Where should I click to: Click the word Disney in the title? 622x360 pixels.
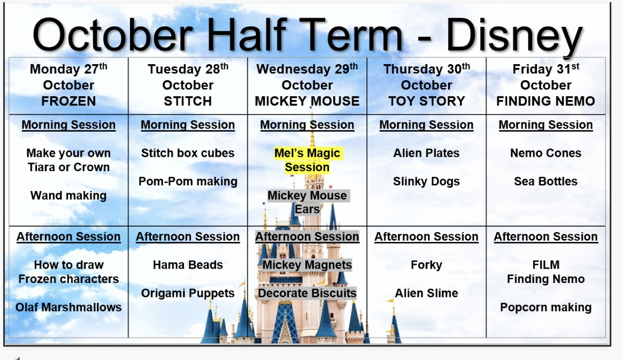click(x=514, y=36)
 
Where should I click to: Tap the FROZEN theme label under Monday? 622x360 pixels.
click(x=68, y=101)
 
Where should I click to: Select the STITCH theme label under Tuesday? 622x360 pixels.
click(x=188, y=101)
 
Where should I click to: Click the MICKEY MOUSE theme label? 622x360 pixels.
click(x=307, y=101)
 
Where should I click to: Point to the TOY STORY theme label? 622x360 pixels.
click(x=426, y=101)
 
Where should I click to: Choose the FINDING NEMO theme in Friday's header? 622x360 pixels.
click(x=546, y=101)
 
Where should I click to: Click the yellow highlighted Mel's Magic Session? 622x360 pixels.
click(x=307, y=160)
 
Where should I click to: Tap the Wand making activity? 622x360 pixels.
click(x=68, y=196)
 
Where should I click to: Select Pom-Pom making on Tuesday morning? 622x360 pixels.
click(x=188, y=181)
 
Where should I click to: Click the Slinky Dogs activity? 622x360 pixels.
click(x=426, y=181)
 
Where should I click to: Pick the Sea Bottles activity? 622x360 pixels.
click(x=546, y=181)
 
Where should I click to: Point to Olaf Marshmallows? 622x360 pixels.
click(x=68, y=307)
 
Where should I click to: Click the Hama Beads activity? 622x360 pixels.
click(x=188, y=265)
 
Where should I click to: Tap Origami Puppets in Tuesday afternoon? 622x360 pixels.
click(x=188, y=293)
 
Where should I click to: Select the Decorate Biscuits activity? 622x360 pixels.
click(x=307, y=293)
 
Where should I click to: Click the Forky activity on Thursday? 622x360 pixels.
click(x=426, y=265)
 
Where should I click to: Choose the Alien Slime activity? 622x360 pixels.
click(x=426, y=293)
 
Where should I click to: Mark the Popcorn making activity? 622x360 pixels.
click(x=546, y=308)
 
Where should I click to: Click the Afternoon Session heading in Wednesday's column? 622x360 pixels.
click(x=307, y=236)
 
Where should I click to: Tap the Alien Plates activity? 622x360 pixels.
click(x=426, y=153)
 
